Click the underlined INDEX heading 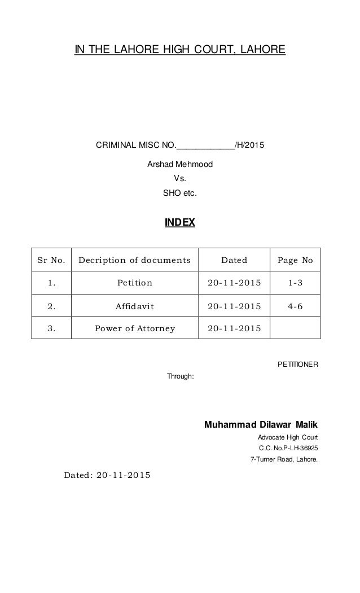(x=179, y=223)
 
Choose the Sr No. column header (x=51, y=260)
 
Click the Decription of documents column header (x=134, y=260)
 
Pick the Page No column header (x=295, y=260)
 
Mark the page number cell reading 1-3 (x=295, y=283)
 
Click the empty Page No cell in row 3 (x=295, y=328)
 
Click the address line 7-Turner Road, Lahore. (x=283, y=459)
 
